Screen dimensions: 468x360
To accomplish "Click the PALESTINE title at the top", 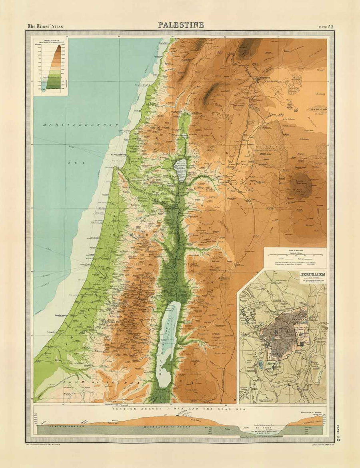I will click(x=181, y=25).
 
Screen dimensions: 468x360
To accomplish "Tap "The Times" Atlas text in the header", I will click(x=44, y=26).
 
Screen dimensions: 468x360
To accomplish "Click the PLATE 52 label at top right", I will click(x=326, y=27).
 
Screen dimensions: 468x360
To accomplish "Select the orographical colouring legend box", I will click(x=50, y=66).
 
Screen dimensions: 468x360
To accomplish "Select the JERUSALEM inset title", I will click(x=312, y=275).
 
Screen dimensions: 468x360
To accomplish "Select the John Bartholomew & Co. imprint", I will click(x=313, y=444).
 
